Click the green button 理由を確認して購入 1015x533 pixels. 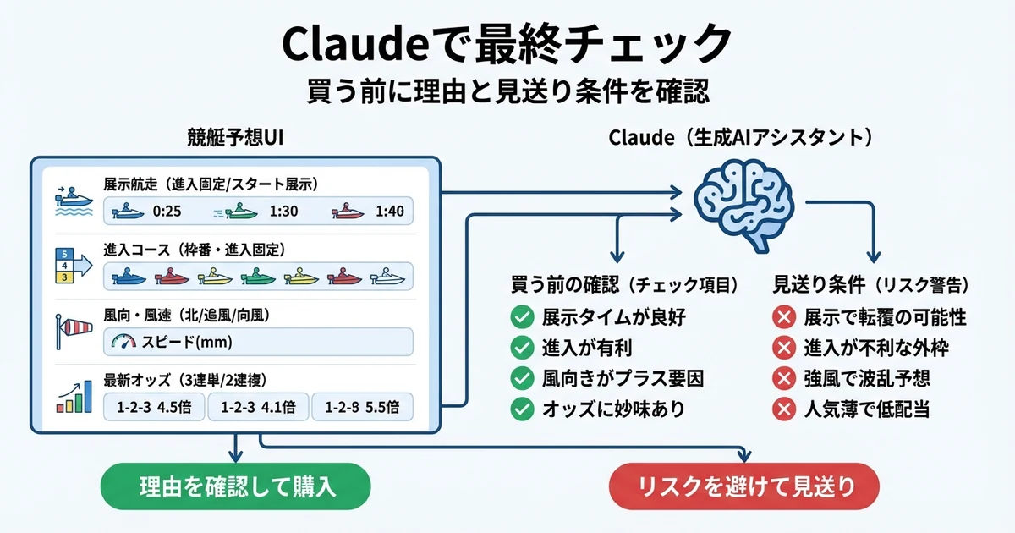point(236,486)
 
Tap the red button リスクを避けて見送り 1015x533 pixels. point(744,486)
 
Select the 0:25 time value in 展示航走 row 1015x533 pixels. point(166,212)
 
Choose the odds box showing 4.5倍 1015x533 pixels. point(154,407)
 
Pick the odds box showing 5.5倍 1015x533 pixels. point(362,407)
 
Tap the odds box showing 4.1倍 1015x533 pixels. point(258,407)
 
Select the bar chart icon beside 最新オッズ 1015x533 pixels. point(74,396)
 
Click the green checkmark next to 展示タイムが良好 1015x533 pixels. point(522,318)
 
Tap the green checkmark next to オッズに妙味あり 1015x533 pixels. point(522,409)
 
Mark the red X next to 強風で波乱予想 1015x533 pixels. point(784,379)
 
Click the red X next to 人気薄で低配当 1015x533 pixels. point(784,409)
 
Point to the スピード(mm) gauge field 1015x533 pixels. point(258,342)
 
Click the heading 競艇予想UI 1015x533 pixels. point(234,138)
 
